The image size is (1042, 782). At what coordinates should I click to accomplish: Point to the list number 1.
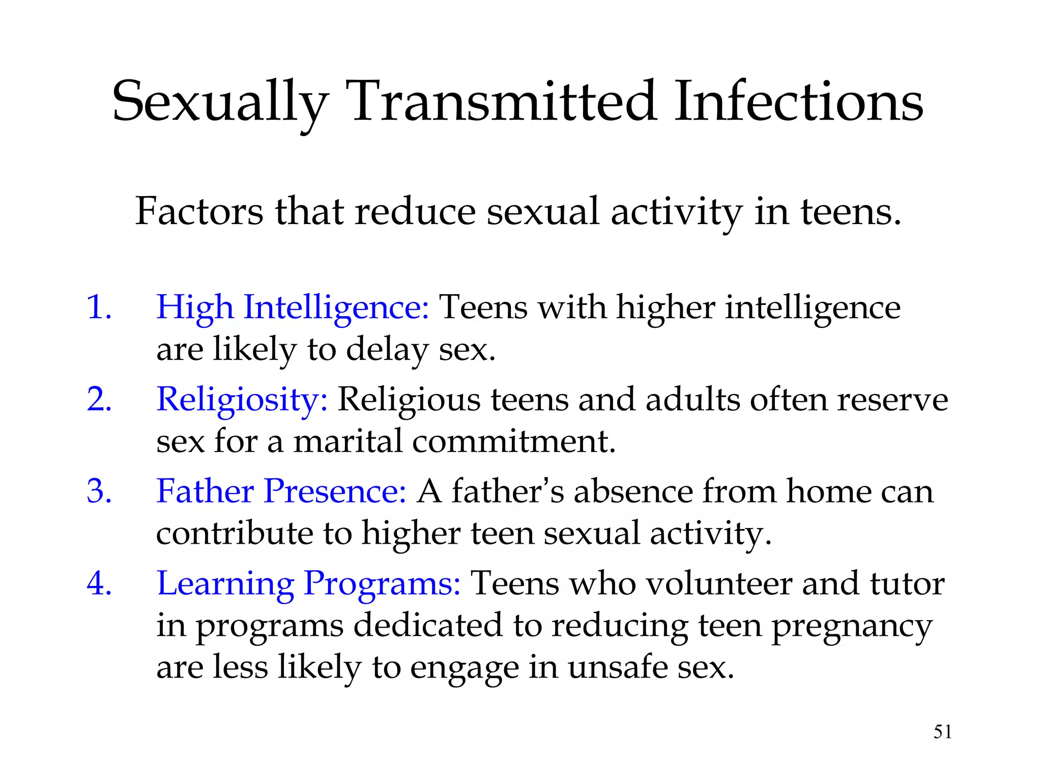(x=99, y=308)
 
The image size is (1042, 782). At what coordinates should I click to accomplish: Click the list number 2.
(x=99, y=399)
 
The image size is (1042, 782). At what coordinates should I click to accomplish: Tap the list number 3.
(x=99, y=491)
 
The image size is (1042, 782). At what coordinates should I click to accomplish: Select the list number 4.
(x=99, y=583)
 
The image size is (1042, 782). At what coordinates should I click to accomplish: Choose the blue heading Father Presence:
(x=281, y=491)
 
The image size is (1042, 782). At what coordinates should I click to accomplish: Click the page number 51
(x=942, y=732)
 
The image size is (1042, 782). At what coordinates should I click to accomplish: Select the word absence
(x=633, y=491)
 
